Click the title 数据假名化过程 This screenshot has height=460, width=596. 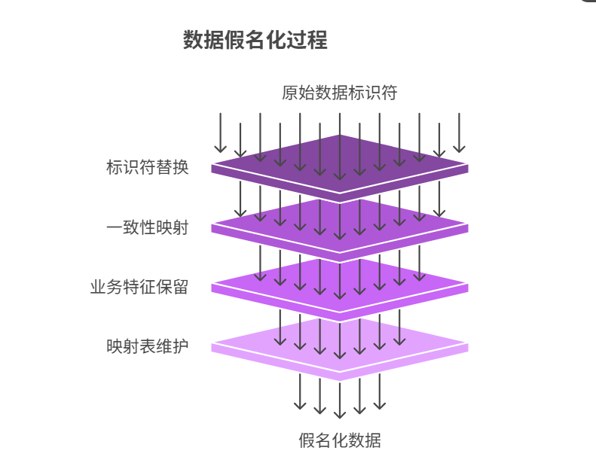[x=255, y=40]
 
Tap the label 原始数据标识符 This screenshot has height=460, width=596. [x=339, y=93]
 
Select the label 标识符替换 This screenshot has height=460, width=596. [x=148, y=167]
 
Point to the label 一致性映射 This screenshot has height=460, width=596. [x=148, y=227]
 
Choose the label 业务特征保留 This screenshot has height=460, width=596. [x=139, y=287]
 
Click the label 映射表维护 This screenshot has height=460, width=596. [x=148, y=346]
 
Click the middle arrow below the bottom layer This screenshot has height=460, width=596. [x=340, y=399]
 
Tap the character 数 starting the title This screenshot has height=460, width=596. [x=193, y=40]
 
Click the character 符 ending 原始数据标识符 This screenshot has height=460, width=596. [x=388, y=93]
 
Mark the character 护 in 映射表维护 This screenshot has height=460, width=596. [x=180, y=346]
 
